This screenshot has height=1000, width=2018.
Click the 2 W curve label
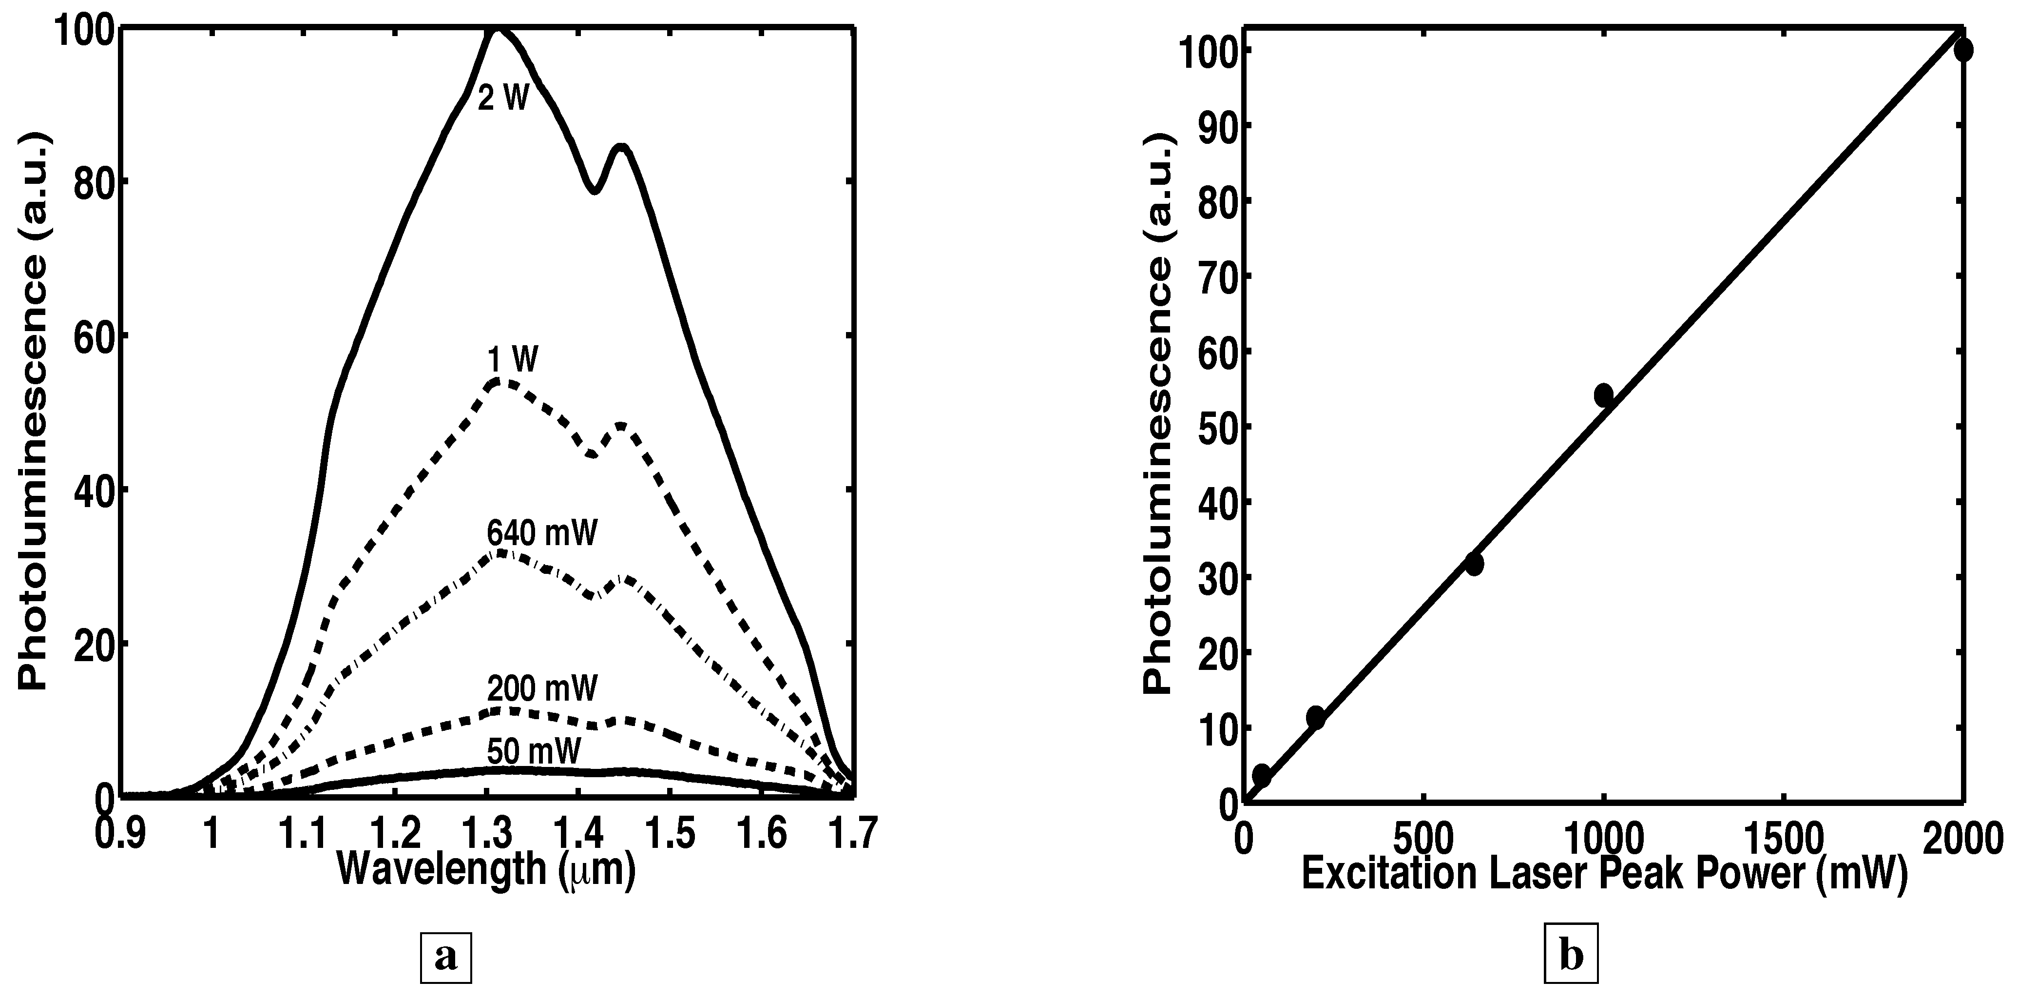[504, 99]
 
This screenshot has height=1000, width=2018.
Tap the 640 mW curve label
[541, 534]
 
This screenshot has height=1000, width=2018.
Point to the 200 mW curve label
[541, 689]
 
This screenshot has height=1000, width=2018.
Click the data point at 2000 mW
[1962, 50]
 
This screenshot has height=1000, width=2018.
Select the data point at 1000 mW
[1604, 395]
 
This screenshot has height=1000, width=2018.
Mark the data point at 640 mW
[1474, 564]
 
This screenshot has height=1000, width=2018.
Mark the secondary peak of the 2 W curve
[622, 147]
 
